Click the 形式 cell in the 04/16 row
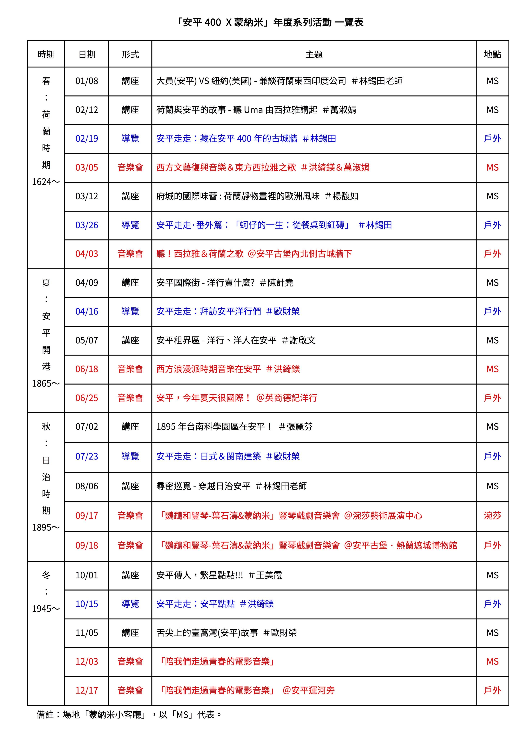click(x=130, y=312)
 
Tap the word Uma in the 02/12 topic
click(x=253, y=110)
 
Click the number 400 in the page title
click(x=212, y=22)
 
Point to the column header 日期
click(x=87, y=54)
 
